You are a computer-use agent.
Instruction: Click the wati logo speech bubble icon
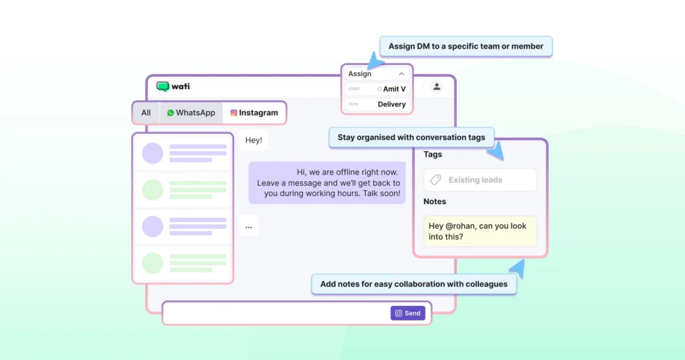(x=163, y=86)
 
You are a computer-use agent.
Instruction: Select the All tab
(x=146, y=113)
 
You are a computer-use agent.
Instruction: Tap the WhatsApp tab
(x=191, y=113)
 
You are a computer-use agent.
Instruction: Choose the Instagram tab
(x=254, y=113)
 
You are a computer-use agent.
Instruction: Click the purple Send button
(x=407, y=313)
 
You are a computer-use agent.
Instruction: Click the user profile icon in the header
(x=437, y=86)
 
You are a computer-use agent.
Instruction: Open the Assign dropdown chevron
(x=401, y=74)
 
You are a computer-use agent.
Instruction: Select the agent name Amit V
(x=394, y=89)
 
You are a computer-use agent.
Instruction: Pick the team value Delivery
(x=391, y=104)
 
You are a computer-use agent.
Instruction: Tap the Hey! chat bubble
(x=254, y=141)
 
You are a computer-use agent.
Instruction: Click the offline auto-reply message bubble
(x=327, y=183)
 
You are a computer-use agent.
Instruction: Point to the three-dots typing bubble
(x=249, y=226)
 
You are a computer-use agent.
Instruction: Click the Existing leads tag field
(x=480, y=180)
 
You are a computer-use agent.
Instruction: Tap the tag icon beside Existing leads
(x=435, y=180)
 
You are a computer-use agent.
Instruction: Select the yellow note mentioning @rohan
(x=480, y=231)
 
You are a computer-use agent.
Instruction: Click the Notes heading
(x=435, y=201)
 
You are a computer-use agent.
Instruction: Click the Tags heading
(x=433, y=155)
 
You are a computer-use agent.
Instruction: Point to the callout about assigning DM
(x=466, y=47)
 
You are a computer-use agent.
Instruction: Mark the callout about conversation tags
(x=411, y=137)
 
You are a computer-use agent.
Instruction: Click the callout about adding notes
(x=413, y=284)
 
